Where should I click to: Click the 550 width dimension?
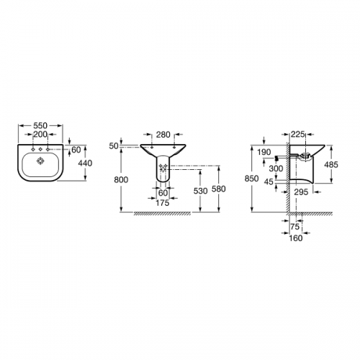pos(40,125)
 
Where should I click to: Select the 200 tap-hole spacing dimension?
pos(40,135)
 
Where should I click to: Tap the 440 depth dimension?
pos(86,163)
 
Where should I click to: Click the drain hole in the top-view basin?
pos(40,161)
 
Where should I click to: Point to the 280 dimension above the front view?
pos(163,135)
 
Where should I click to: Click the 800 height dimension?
pos(121,179)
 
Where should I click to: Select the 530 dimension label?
pos(200,191)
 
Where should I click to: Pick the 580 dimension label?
pos(219,189)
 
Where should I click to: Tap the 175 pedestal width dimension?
pos(163,203)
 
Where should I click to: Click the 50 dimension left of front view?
pos(114,145)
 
